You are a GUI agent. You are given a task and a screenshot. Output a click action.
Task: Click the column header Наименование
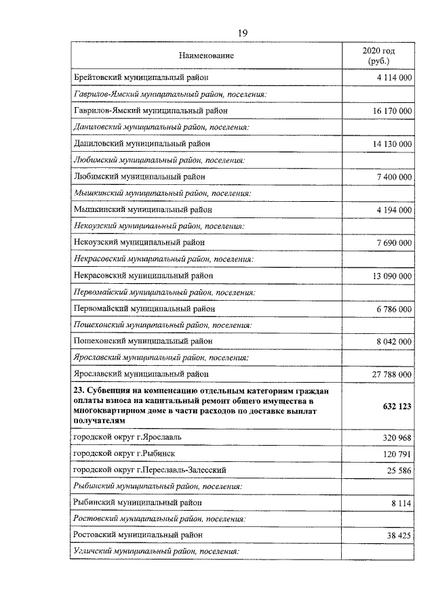click(x=206, y=56)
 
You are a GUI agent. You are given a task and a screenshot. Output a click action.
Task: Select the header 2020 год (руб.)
click(x=378, y=56)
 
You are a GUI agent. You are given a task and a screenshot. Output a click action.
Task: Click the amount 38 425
click(x=399, y=535)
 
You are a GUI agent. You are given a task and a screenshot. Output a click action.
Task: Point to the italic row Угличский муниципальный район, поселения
click(x=156, y=551)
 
